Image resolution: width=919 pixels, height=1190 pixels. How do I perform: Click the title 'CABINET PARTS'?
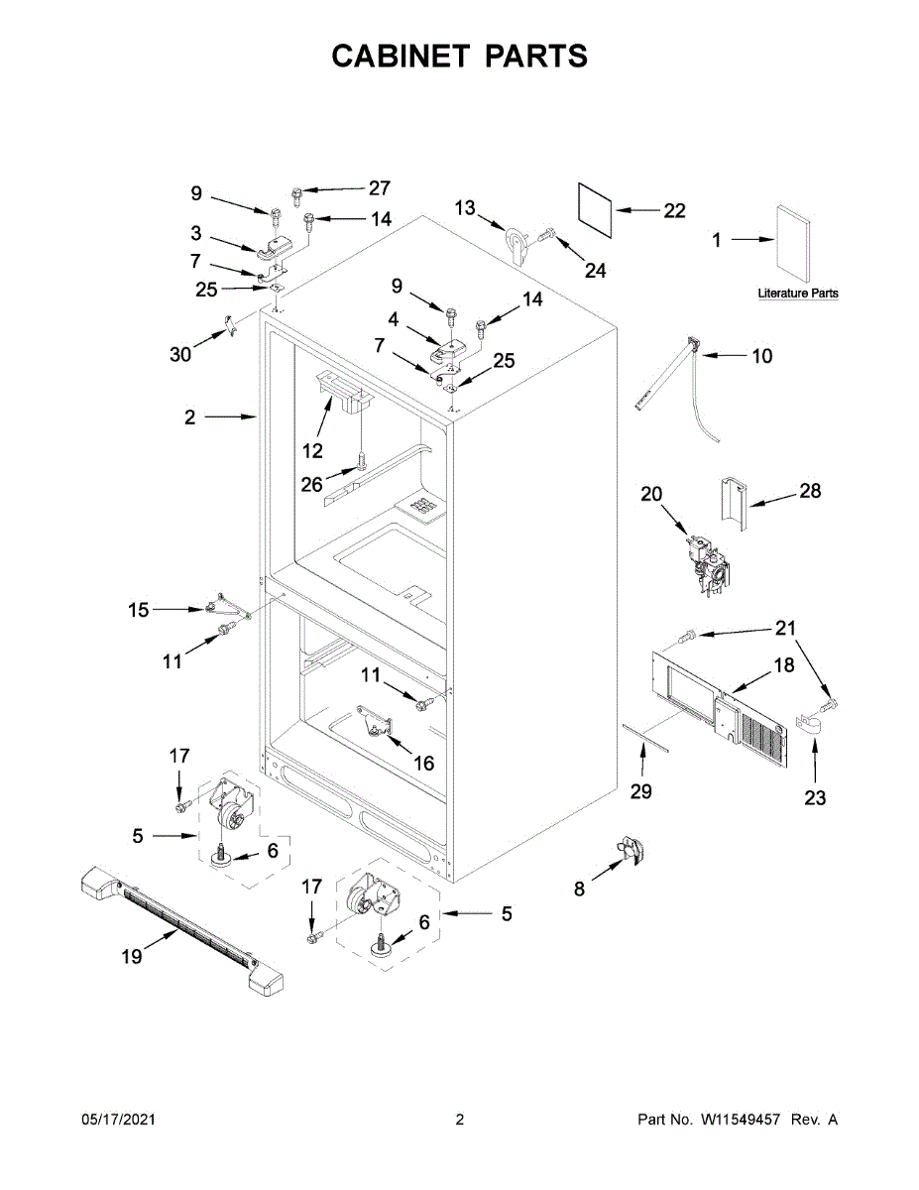(x=459, y=57)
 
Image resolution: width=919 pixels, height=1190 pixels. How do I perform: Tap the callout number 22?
(x=674, y=211)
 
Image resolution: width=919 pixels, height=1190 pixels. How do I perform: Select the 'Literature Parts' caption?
(x=797, y=294)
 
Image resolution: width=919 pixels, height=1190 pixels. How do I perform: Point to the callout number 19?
(x=132, y=956)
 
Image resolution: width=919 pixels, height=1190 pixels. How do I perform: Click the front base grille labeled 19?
(x=178, y=926)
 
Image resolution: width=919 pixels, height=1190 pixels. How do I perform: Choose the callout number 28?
(x=810, y=491)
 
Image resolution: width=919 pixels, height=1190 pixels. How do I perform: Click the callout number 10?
(x=761, y=355)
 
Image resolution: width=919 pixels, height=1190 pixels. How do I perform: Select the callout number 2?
(x=189, y=417)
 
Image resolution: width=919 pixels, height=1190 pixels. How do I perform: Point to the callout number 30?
(x=180, y=354)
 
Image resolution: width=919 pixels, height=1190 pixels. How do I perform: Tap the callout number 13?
(x=465, y=207)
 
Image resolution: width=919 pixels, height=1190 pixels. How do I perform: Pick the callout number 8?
(x=579, y=890)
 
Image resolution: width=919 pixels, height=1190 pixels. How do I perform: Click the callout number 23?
(x=814, y=797)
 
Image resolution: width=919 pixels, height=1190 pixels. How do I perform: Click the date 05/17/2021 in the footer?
(x=118, y=1120)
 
